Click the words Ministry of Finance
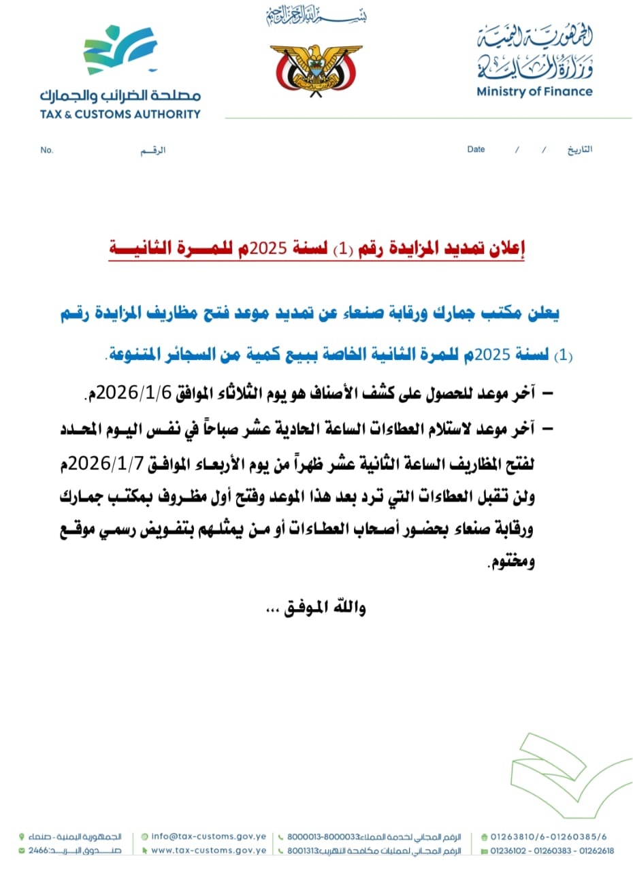click(534, 92)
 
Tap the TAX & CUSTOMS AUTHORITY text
click(120, 114)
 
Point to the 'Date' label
click(476, 149)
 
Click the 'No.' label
click(46, 150)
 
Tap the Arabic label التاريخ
click(579, 149)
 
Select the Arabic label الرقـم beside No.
click(153, 150)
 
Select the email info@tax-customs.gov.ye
click(208, 836)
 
